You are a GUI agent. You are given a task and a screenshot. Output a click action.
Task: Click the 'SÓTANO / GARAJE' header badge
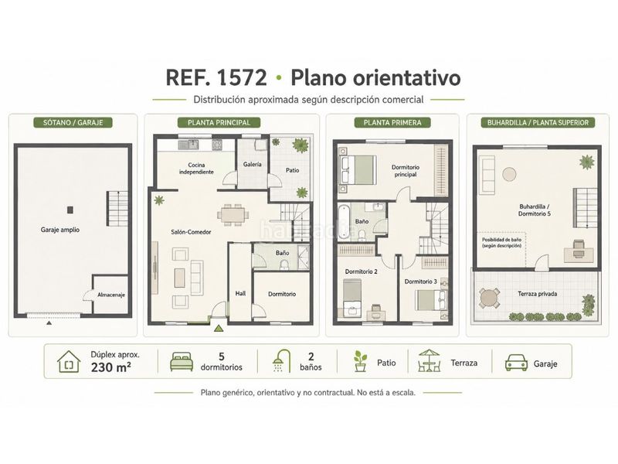coord(73,122)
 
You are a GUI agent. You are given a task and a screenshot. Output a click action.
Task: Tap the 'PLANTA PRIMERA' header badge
coord(392,122)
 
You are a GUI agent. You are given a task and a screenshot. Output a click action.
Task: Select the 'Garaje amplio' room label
coord(60,230)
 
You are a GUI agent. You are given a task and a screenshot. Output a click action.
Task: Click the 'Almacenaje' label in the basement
coord(111,295)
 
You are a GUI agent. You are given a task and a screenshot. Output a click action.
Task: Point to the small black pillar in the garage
coord(70,210)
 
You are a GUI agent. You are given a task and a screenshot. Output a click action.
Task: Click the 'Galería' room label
coord(253,164)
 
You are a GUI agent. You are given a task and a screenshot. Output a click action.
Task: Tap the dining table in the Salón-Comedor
coord(233,215)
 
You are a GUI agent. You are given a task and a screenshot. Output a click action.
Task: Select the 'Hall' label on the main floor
coord(240,293)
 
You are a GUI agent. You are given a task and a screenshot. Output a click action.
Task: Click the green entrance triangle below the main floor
coord(219,328)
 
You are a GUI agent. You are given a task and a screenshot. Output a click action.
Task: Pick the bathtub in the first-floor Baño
coord(344,220)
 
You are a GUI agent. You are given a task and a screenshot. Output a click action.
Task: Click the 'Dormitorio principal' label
coord(406,170)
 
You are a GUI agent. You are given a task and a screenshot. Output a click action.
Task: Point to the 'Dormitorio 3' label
coord(420,281)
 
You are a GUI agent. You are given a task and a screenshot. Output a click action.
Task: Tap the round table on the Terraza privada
coord(489,298)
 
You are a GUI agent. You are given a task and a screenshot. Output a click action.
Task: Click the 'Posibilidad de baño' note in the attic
coord(501,242)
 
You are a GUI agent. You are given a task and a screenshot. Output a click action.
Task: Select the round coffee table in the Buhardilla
coord(509,174)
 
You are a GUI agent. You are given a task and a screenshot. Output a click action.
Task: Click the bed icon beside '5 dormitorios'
coord(182,361)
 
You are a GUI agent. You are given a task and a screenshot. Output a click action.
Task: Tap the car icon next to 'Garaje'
coord(516,362)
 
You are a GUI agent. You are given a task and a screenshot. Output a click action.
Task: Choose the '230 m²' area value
coord(111,367)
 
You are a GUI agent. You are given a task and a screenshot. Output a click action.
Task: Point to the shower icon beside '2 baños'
coord(281,361)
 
